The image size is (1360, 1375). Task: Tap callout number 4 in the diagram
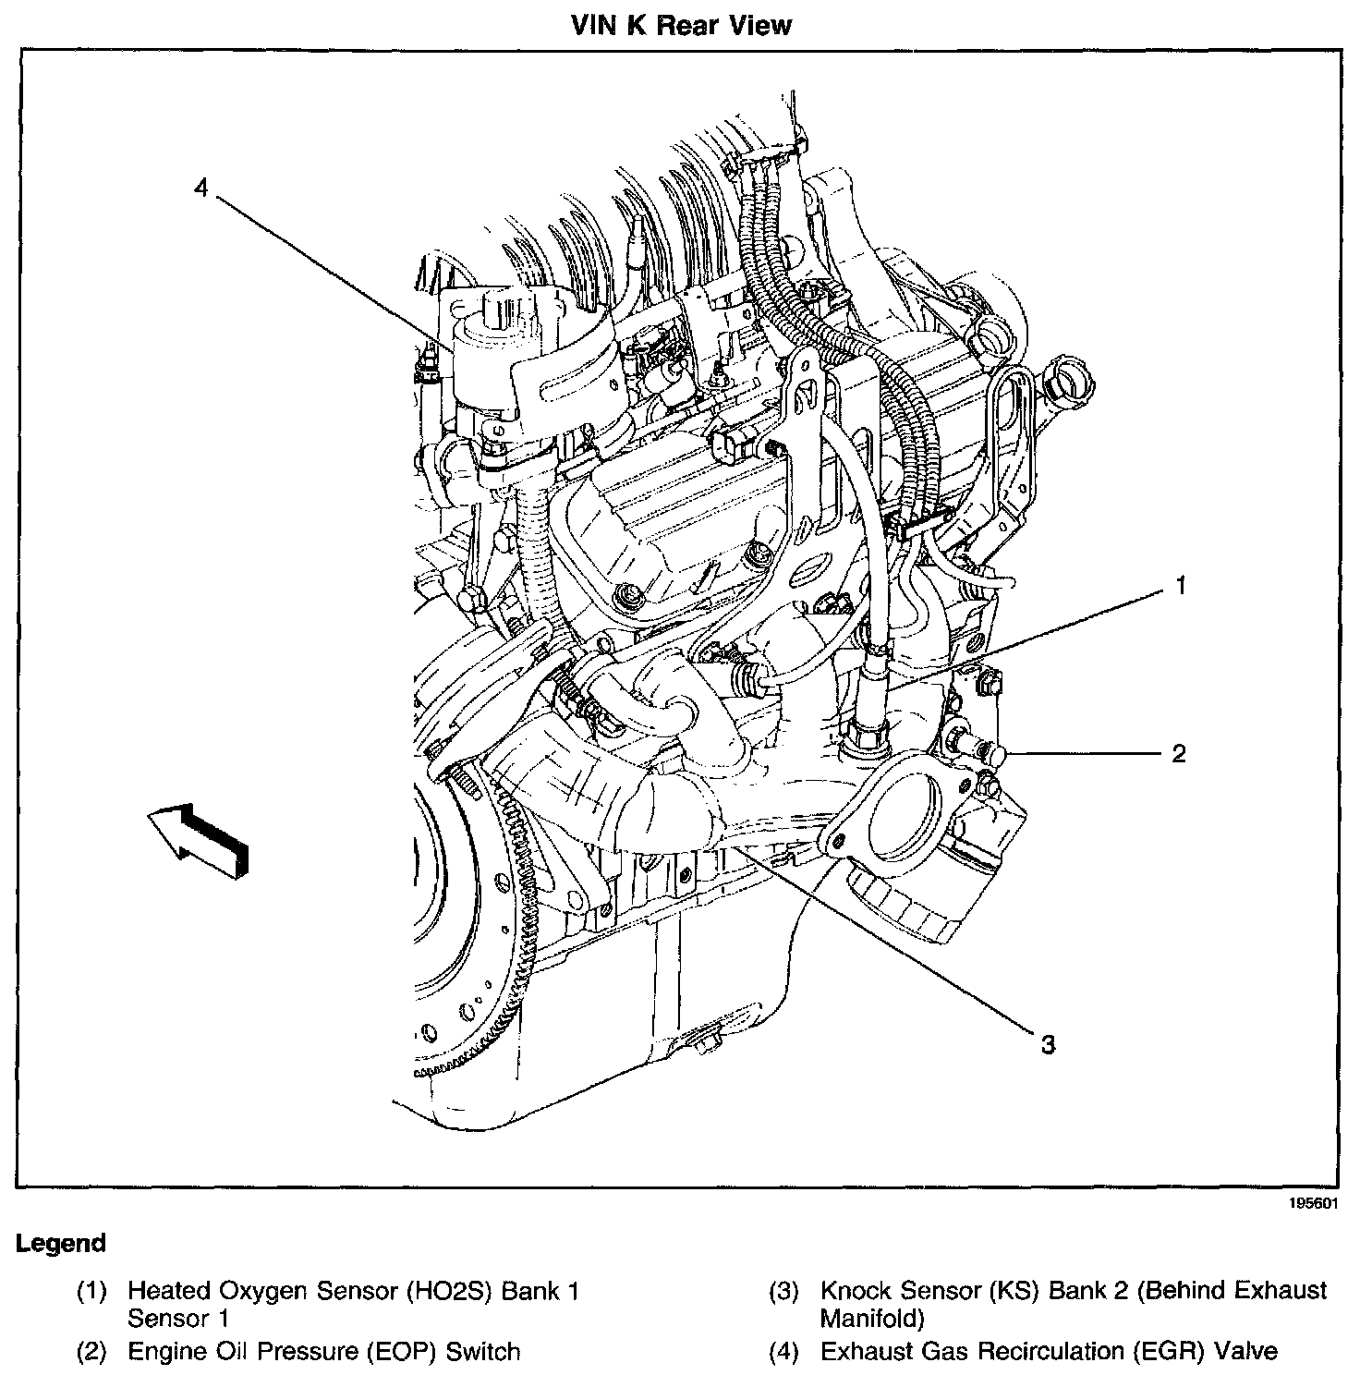pos(201,188)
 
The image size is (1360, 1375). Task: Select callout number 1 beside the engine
pos(1180,586)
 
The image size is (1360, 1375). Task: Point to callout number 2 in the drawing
pos(1179,753)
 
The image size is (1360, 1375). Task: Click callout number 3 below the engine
pos(1047,1044)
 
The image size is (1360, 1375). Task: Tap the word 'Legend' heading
pos(61,1243)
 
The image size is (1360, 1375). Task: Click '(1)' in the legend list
pos(91,1291)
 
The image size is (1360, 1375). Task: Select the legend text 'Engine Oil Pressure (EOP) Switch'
pos(323,1352)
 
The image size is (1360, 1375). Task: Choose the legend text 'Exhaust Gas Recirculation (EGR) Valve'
pos(1049,1352)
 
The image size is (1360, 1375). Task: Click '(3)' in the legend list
pos(783,1291)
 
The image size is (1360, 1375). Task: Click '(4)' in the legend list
pos(783,1352)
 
